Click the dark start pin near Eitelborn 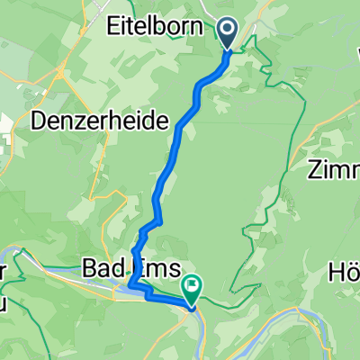point(226,33)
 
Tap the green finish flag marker point(192,287)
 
